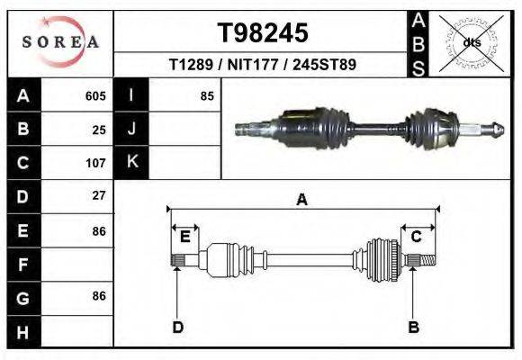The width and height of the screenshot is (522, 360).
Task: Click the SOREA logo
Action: (x=60, y=42)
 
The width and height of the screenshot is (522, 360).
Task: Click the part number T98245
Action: (x=263, y=32)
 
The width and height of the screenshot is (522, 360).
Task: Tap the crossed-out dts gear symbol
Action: (x=472, y=42)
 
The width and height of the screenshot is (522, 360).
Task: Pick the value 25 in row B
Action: (x=99, y=130)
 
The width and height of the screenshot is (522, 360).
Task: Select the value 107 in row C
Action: (x=95, y=163)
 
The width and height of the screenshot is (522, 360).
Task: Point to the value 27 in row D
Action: (x=99, y=196)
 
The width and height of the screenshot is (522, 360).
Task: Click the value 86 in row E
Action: (x=99, y=230)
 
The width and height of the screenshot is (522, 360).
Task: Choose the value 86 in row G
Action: (x=99, y=296)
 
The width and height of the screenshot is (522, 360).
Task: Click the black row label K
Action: (x=131, y=163)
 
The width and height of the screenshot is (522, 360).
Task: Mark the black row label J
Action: (x=131, y=130)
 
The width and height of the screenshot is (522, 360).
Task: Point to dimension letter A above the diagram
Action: (x=302, y=200)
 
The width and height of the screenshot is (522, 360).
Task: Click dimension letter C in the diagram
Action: (x=417, y=237)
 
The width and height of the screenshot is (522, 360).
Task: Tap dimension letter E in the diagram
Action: (x=184, y=237)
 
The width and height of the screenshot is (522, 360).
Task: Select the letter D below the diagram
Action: (x=177, y=327)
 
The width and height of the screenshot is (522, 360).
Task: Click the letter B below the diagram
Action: (x=414, y=327)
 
